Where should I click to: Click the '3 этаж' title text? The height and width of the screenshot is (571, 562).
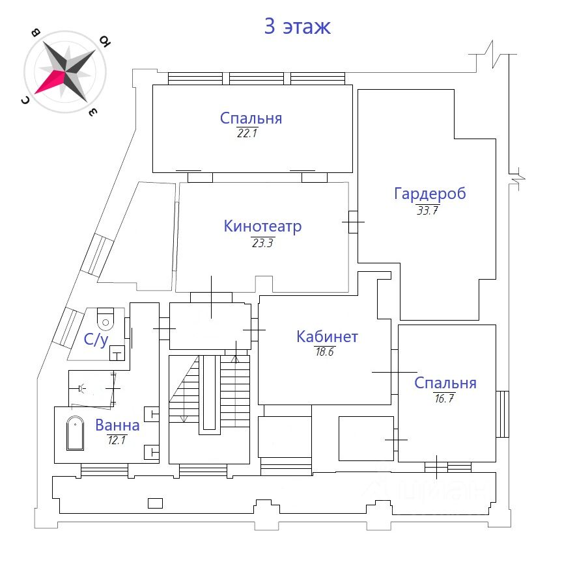tap(297, 27)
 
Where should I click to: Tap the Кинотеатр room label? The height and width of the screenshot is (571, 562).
tap(262, 226)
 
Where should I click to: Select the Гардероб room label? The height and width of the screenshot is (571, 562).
tap(430, 193)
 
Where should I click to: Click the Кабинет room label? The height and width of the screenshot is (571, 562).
tap(327, 336)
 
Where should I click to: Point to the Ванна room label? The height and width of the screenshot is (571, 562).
tap(117, 425)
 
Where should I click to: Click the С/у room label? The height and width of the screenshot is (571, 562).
tap(96, 339)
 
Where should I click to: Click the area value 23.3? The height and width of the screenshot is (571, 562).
tap(263, 243)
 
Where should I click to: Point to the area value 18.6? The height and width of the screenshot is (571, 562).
tap(326, 351)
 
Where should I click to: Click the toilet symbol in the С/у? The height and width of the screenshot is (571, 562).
tap(105, 319)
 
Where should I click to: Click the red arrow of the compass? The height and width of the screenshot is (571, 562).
tap(50, 81)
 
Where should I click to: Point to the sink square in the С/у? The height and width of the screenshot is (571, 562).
tap(116, 352)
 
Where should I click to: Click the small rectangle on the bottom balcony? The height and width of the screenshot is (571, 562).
tap(155, 502)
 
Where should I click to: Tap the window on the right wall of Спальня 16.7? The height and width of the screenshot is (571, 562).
tap(502, 414)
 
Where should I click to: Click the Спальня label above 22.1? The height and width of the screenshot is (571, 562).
tap(251, 118)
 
